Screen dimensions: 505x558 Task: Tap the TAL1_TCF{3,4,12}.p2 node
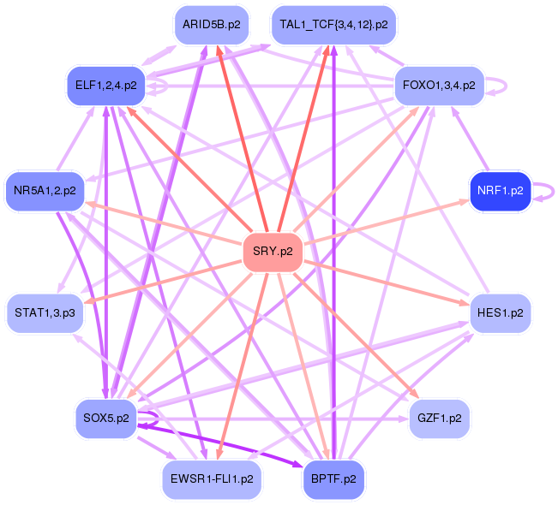point(333,25)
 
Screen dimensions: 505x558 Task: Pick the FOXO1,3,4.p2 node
point(440,86)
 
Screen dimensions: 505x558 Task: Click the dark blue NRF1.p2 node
point(501,190)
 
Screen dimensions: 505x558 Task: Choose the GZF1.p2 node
point(440,419)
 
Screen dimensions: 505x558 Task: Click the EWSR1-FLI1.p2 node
point(212,479)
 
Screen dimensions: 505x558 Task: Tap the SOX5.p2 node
point(106,419)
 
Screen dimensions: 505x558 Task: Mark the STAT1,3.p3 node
point(45,313)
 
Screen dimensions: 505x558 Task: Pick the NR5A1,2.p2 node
point(45,190)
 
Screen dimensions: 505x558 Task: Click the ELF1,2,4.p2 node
point(106,86)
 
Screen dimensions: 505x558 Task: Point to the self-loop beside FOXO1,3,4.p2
point(505,86)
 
